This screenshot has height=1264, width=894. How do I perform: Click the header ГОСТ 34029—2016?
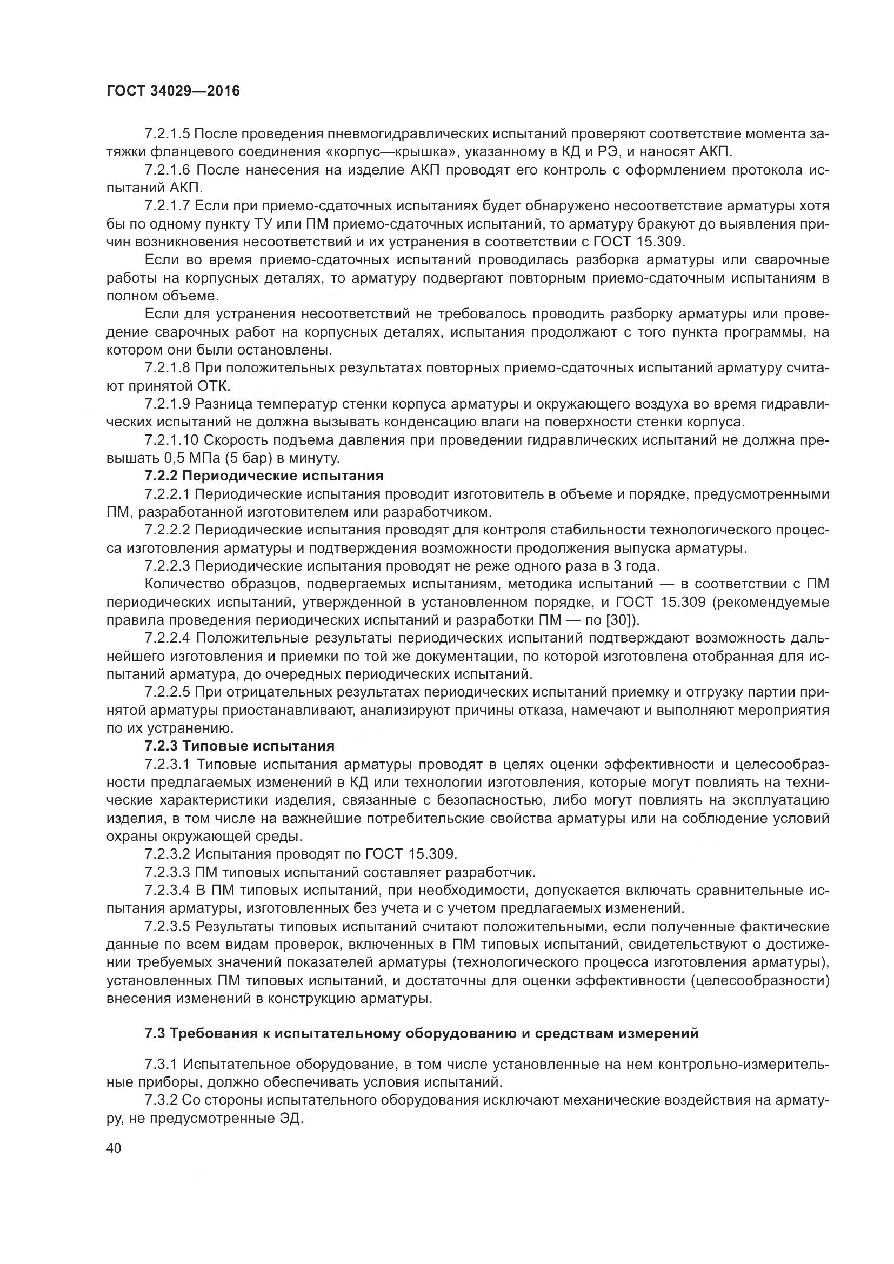(x=173, y=91)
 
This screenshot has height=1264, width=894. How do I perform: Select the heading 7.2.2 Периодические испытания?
(x=264, y=476)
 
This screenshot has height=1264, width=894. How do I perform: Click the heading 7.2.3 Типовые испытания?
(x=239, y=745)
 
